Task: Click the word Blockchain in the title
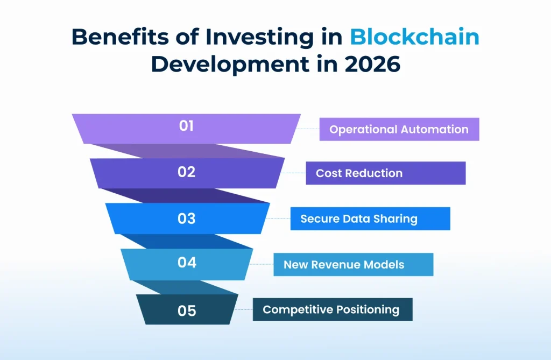tap(414, 38)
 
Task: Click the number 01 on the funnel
tap(186, 126)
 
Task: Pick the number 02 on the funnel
tap(186, 172)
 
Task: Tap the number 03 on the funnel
tap(186, 218)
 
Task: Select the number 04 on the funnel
tap(186, 263)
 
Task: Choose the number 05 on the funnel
tap(186, 310)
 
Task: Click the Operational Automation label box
tap(399, 130)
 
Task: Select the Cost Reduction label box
tap(385, 173)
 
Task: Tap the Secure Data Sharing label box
tap(370, 219)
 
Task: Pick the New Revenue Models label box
tap(353, 265)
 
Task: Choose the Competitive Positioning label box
tap(332, 310)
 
